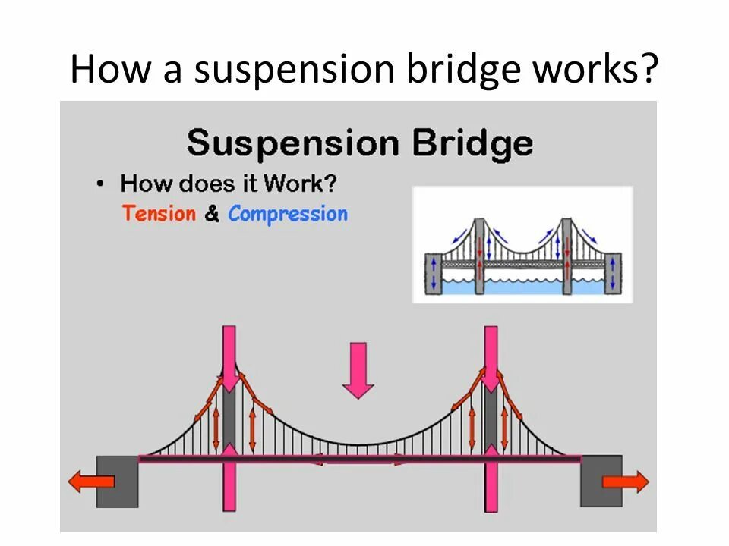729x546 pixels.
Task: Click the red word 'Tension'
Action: (159, 214)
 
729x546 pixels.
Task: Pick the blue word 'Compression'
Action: (288, 215)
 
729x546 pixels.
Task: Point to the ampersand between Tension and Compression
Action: (212, 215)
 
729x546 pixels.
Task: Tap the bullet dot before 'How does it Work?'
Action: (101, 184)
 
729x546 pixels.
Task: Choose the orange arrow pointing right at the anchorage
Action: (626, 482)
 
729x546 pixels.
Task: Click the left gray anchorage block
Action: (118, 482)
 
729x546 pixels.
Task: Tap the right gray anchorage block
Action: (600, 482)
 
